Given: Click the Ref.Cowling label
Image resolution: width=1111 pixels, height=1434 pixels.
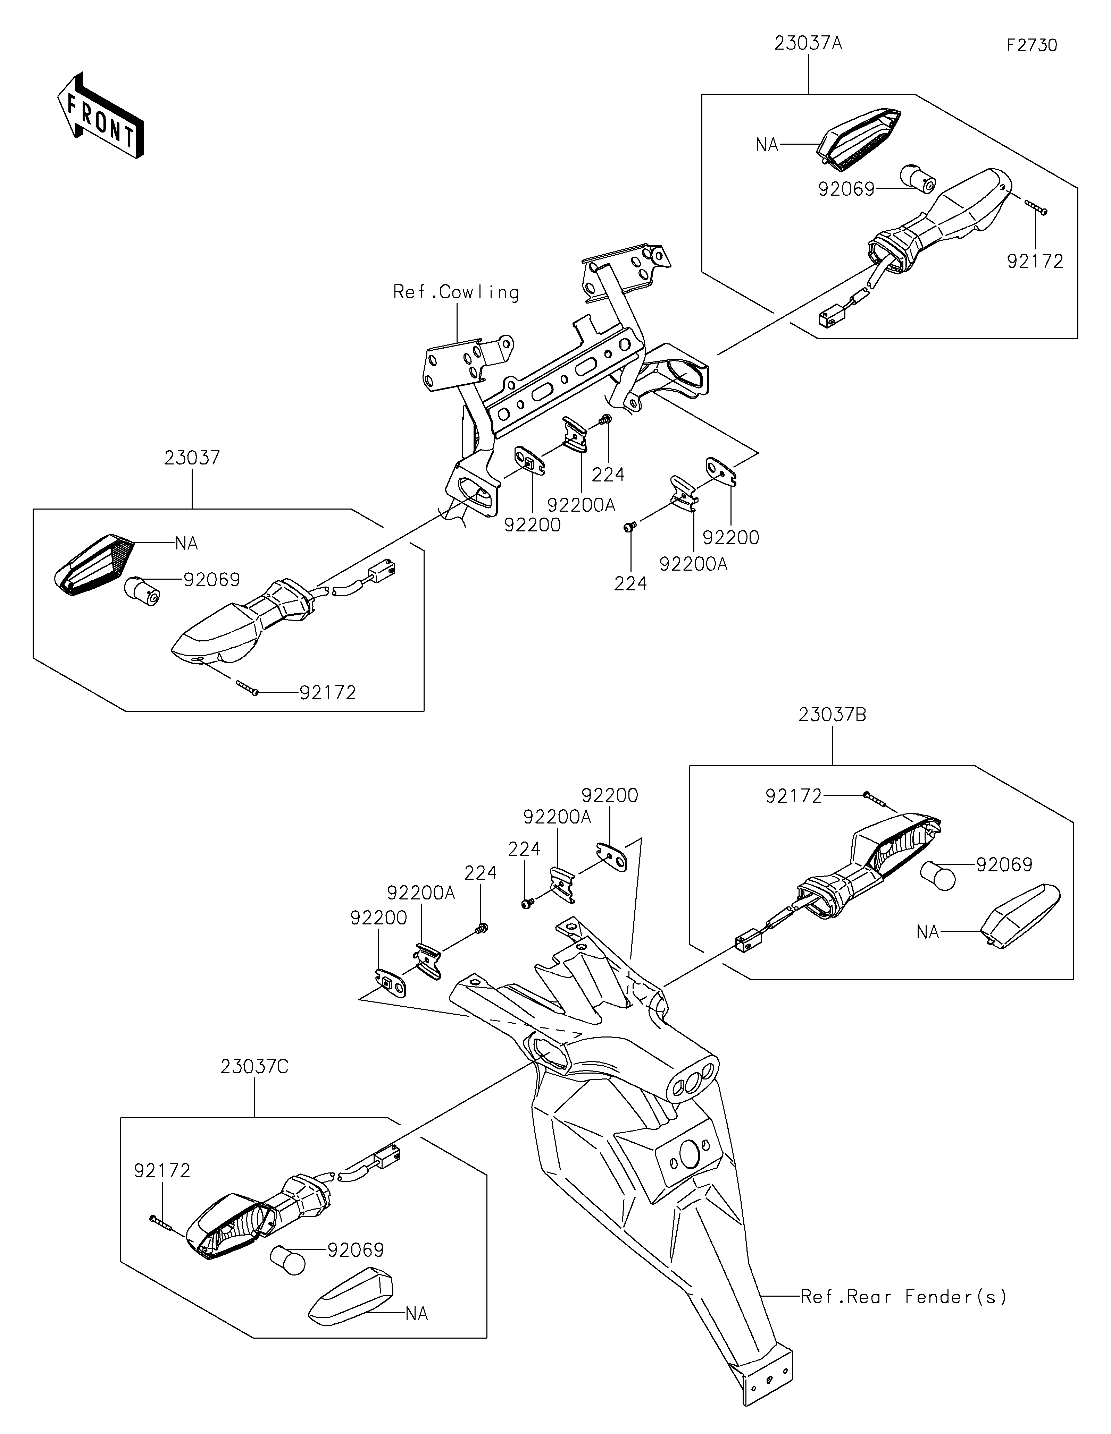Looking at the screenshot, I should click(x=456, y=292).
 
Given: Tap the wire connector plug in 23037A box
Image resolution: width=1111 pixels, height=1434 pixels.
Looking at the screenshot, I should click(x=829, y=319).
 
